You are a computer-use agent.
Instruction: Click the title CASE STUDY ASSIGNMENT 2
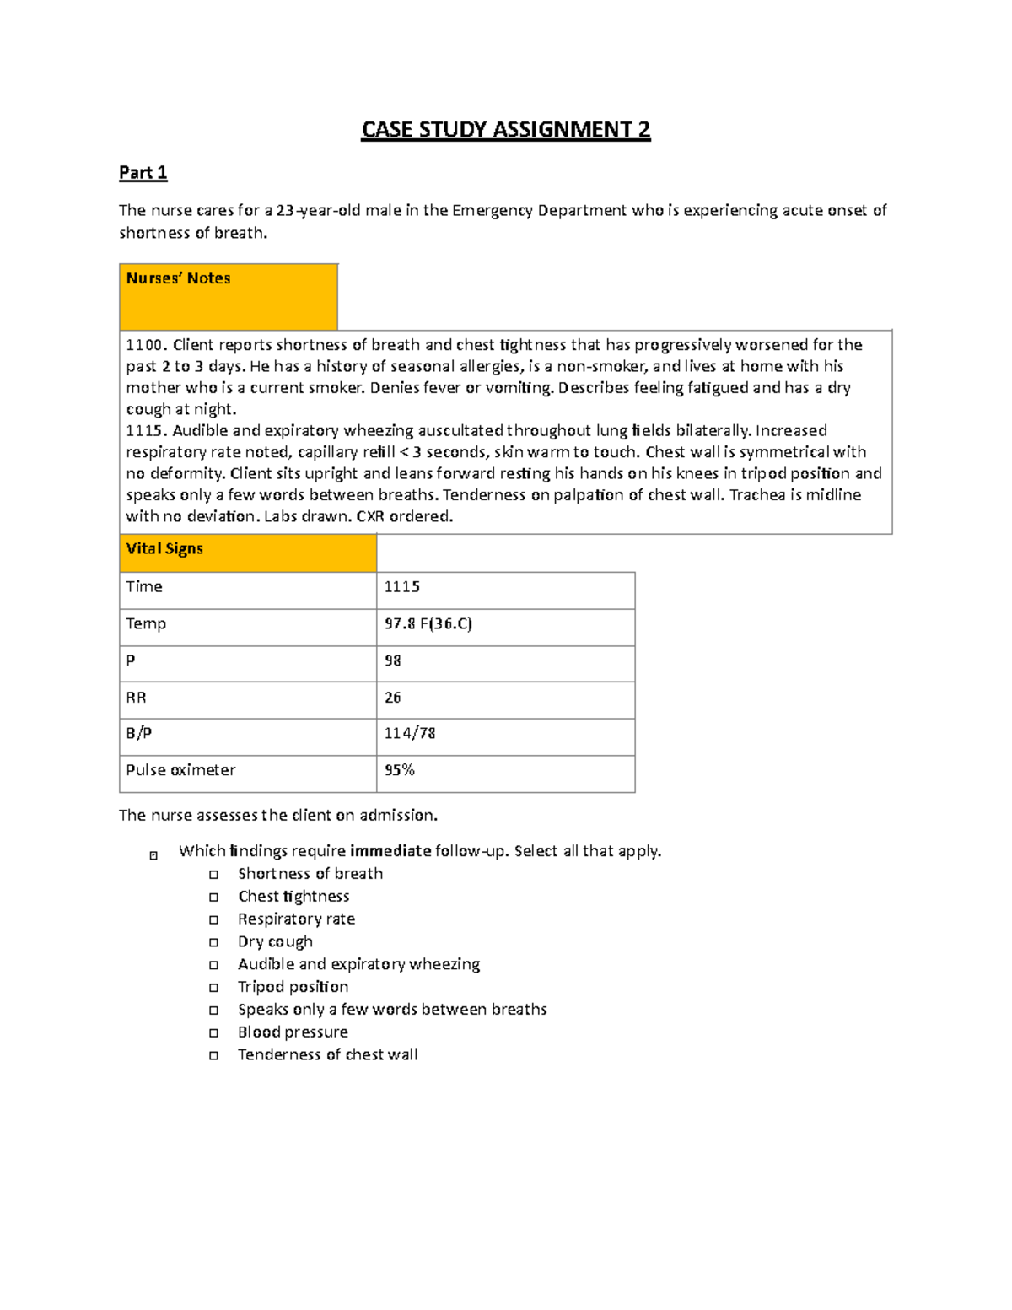click(x=505, y=130)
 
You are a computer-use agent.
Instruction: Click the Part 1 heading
click(x=143, y=173)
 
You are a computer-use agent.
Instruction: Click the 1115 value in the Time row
click(x=401, y=587)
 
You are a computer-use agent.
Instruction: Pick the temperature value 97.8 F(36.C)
click(x=428, y=624)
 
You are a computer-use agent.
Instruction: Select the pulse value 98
click(x=392, y=660)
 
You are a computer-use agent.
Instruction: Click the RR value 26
click(x=392, y=698)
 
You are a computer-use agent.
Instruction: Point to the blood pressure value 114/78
click(x=409, y=734)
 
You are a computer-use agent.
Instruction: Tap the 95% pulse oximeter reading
click(x=399, y=770)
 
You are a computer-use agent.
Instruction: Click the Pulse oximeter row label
click(x=180, y=770)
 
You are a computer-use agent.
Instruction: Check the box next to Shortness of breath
click(x=214, y=875)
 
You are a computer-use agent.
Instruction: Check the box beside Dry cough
click(x=214, y=942)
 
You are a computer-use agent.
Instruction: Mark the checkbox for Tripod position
click(x=214, y=988)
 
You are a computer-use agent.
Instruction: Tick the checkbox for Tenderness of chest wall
click(x=214, y=1055)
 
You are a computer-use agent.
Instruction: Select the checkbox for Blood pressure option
click(x=214, y=1032)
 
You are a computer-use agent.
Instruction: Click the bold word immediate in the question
click(x=390, y=851)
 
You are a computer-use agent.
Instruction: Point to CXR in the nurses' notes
click(x=370, y=516)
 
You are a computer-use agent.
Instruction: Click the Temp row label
click(x=146, y=624)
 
